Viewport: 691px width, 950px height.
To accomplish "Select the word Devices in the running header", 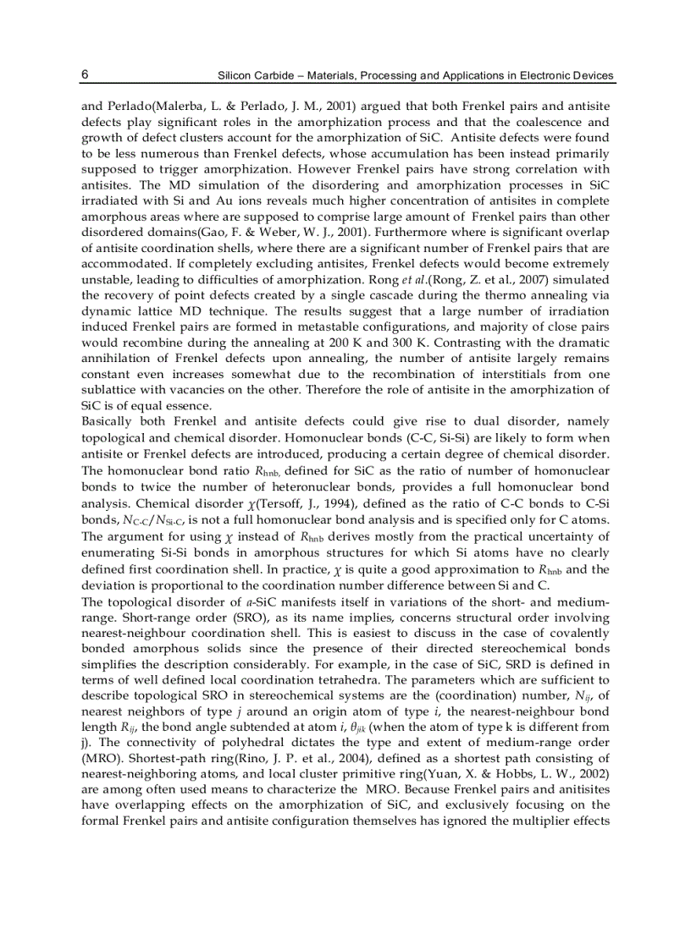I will coord(592,75).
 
